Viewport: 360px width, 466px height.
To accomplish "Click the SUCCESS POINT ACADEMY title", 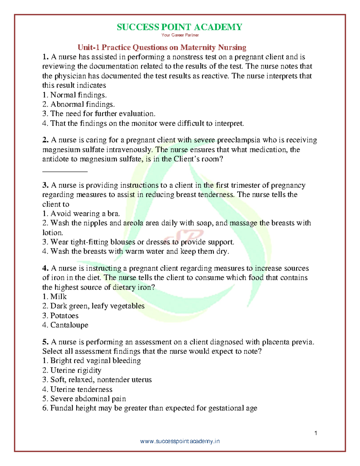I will point(179,27).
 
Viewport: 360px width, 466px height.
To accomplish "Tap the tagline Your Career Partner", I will point(180,35).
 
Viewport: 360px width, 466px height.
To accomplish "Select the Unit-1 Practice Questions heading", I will point(162,47).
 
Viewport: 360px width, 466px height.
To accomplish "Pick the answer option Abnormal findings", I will point(79,104).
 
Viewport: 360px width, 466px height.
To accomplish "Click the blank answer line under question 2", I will point(65,171).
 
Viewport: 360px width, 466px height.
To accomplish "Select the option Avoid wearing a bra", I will point(81,214).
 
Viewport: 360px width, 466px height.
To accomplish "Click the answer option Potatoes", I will point(60,316).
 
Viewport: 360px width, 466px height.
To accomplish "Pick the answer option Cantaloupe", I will point(65,325).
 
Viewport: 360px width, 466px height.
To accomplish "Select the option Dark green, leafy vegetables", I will point(93,306).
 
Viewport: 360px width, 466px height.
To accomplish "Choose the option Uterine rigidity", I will point(72,370).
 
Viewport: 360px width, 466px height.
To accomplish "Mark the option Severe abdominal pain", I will point(84,399).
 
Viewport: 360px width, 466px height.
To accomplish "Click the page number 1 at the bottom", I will point(316,433).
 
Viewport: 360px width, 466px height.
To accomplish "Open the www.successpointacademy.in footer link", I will point(180,441).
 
